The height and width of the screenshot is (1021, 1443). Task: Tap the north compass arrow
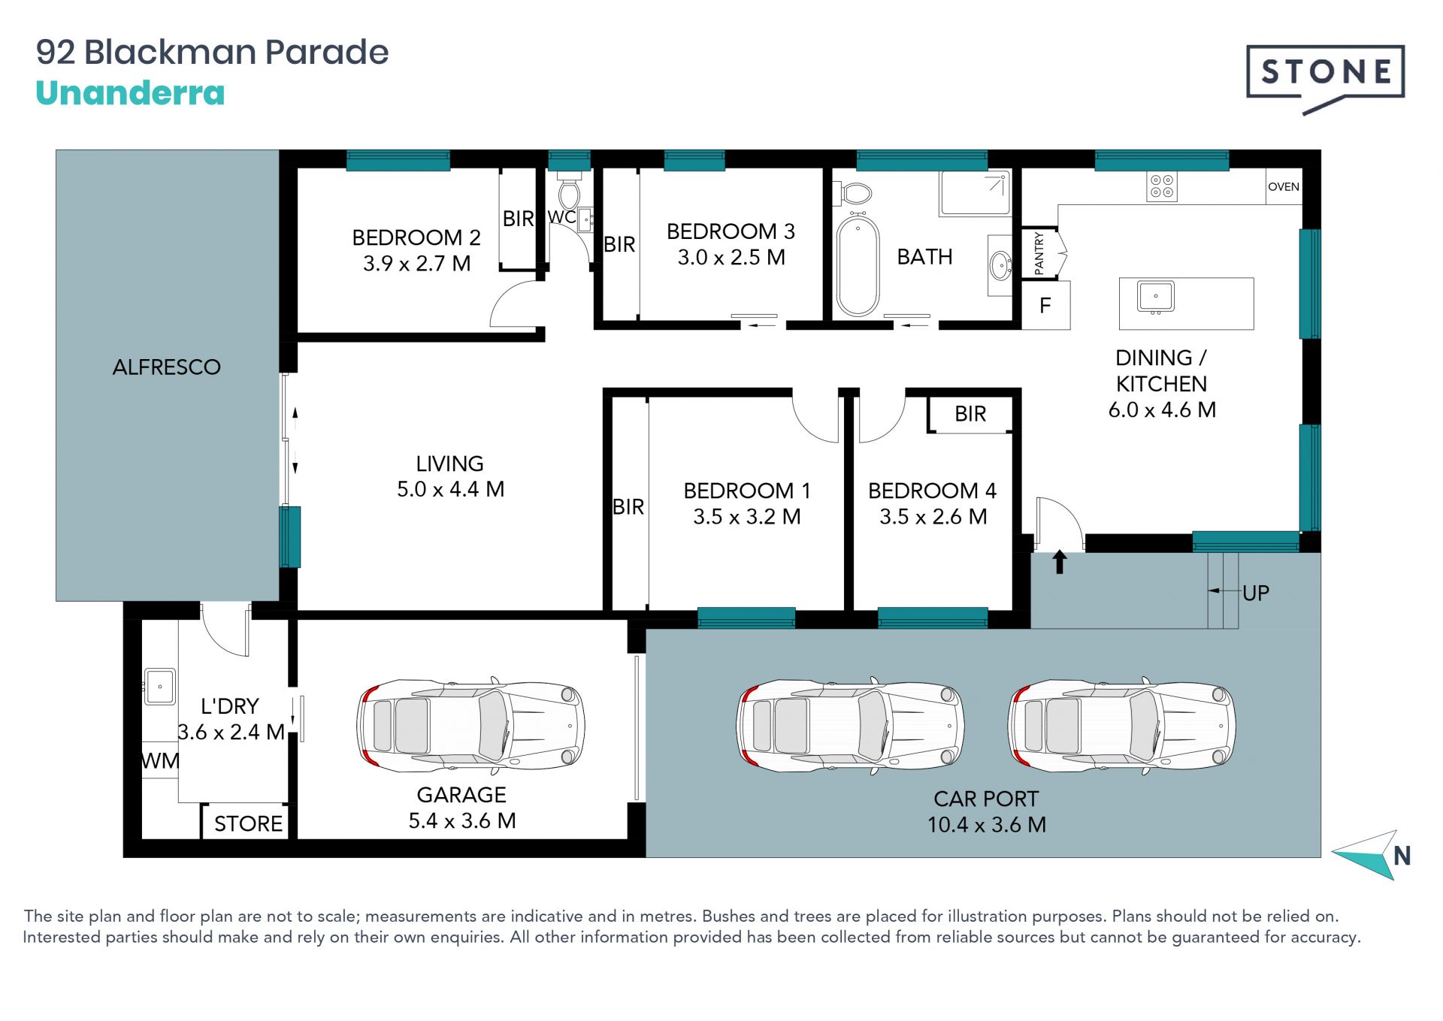click(x=1366, y=855)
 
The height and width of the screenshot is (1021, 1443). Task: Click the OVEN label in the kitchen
click(x=1284, y=187)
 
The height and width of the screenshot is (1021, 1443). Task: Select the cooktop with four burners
click(x=1162, y=186)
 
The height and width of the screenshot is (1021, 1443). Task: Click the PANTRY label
click(x=1039, y=253)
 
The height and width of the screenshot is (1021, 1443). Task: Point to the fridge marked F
click(x=1045, y=305)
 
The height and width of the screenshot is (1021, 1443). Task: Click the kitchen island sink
click(x=1156, y=297)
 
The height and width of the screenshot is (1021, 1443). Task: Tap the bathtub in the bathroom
click(x=858, y=265)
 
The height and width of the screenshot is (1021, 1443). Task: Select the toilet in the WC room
click(x=569, y=192)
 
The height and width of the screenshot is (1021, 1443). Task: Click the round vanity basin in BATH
click(x=1000, y=265)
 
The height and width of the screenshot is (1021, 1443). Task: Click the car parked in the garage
click(x=471, y=726)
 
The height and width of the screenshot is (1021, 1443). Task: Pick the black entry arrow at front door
click(x=1060, y=562)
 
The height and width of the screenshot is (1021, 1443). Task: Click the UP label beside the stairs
click(x=1256, y=593)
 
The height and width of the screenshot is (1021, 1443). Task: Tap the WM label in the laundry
click(x=160, y=760)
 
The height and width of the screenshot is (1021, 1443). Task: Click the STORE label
click(x=248, y=823)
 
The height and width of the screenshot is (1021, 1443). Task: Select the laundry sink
click(x=159, y=687)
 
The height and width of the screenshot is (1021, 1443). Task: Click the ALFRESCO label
click(x=167, y=367)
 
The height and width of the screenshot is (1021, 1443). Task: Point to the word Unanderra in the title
click(x=130, y=93)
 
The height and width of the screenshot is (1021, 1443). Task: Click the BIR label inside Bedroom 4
click(x=970, y=414)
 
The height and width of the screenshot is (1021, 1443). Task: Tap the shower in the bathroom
click(x=975, y=194)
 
